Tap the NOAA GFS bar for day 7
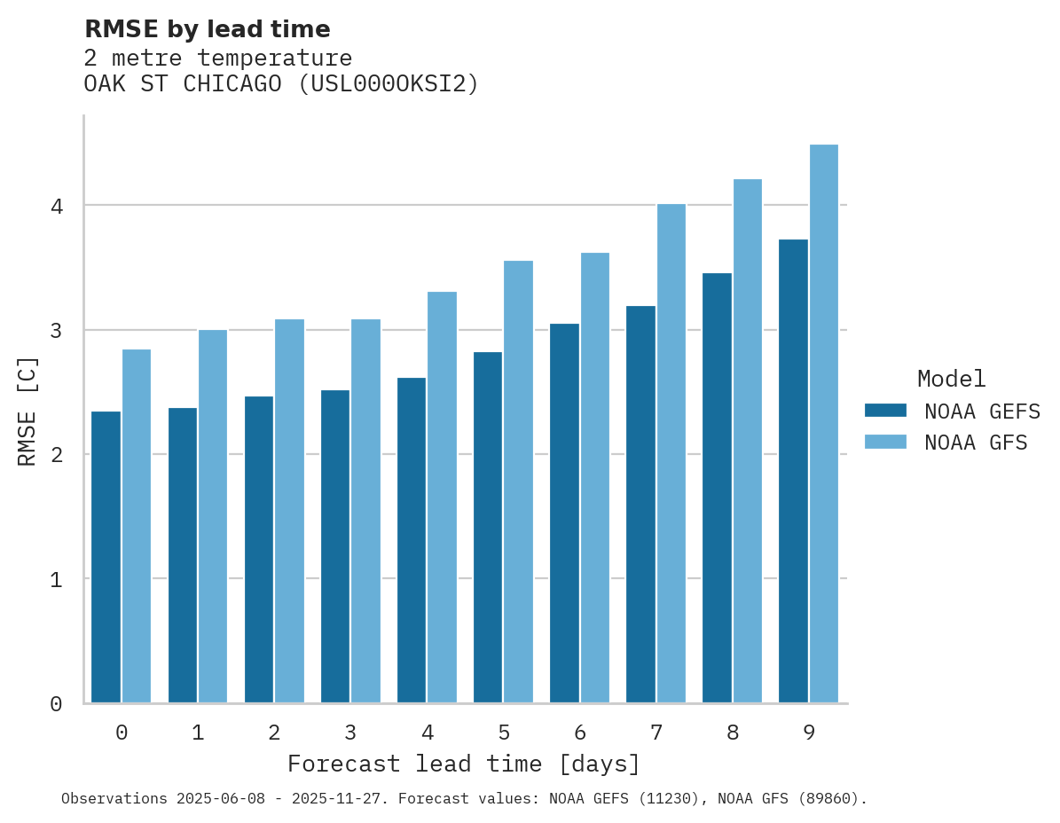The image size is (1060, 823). point(671,453)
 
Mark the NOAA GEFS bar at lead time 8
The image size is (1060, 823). point(717,488)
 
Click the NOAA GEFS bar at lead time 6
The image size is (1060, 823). point(564,513)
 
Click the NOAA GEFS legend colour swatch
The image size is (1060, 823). point(885,411)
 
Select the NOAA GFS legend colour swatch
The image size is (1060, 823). point(885,443)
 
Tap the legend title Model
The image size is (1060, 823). point(951,380)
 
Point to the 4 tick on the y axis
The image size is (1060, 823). point(56,206)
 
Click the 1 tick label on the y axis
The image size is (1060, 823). point(56,579)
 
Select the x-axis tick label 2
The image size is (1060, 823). point(274,733)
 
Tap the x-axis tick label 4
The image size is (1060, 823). point(427,733)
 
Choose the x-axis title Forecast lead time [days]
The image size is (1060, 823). point(463,764)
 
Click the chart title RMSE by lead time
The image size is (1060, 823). point(207,29)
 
